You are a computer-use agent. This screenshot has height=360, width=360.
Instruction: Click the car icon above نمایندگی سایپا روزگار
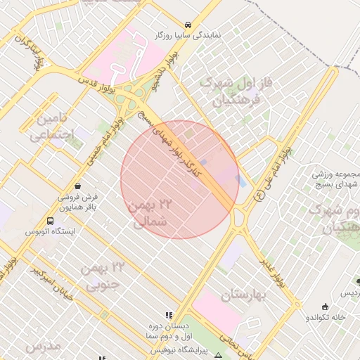coord(187,24)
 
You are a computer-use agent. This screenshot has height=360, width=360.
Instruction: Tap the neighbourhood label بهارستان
coord(244,295)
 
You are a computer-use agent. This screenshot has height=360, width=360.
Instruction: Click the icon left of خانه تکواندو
coord(324,307)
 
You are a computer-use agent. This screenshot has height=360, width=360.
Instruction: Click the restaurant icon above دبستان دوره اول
coord(168,315)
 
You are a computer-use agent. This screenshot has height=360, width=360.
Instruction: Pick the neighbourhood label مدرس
coord(42,347)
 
